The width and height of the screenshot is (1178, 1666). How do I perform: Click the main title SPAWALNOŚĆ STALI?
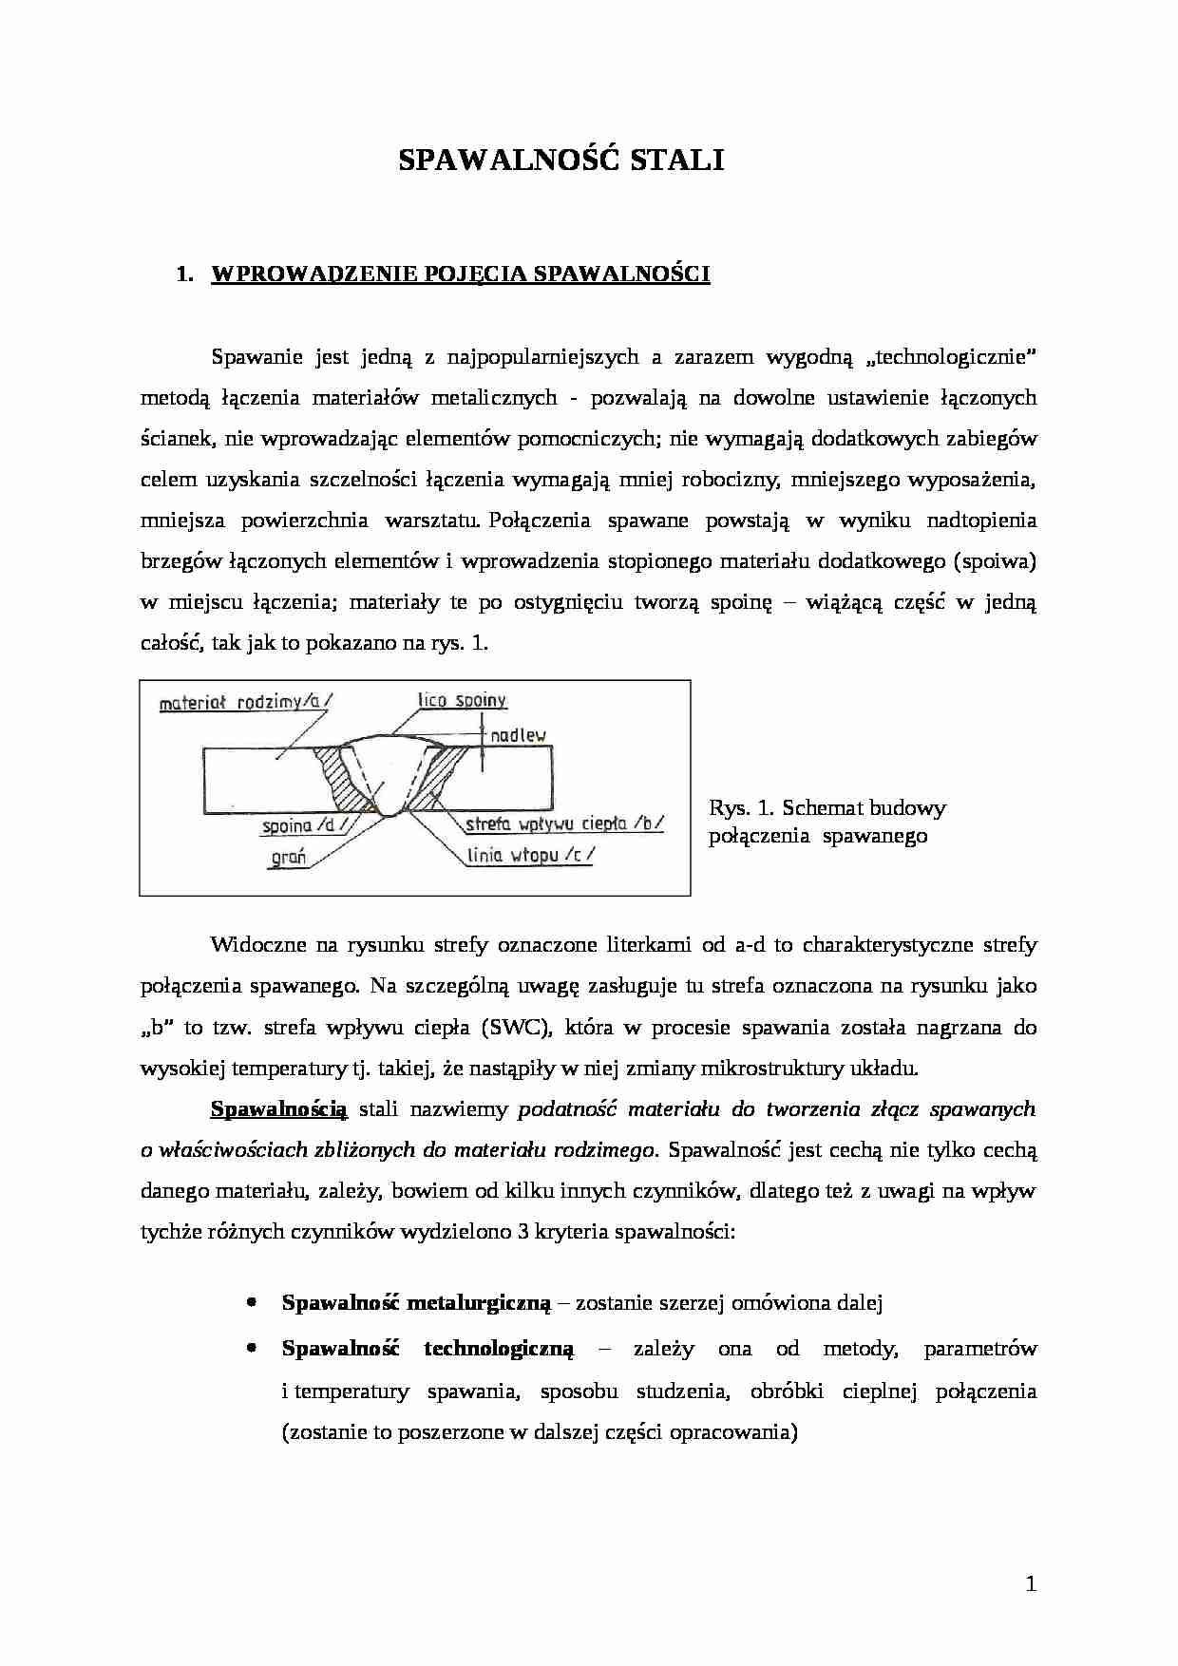560,161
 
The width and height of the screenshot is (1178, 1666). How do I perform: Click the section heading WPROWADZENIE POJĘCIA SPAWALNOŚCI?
460,275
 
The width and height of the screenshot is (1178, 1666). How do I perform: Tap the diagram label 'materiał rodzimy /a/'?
246,704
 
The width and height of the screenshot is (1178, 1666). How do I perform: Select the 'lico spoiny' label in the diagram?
463,701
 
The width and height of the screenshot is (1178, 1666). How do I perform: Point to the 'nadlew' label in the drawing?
518,735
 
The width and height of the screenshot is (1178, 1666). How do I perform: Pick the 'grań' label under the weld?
290,857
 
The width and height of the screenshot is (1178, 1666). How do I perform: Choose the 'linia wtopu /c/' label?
530,855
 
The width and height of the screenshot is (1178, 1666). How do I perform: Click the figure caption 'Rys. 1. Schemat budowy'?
826,808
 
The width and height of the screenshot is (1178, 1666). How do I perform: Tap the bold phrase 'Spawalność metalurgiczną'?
415,1303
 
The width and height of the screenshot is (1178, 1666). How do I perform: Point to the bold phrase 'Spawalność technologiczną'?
427,1349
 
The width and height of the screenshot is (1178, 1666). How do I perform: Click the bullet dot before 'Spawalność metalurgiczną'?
251,1303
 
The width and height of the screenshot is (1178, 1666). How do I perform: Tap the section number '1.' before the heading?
185,275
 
